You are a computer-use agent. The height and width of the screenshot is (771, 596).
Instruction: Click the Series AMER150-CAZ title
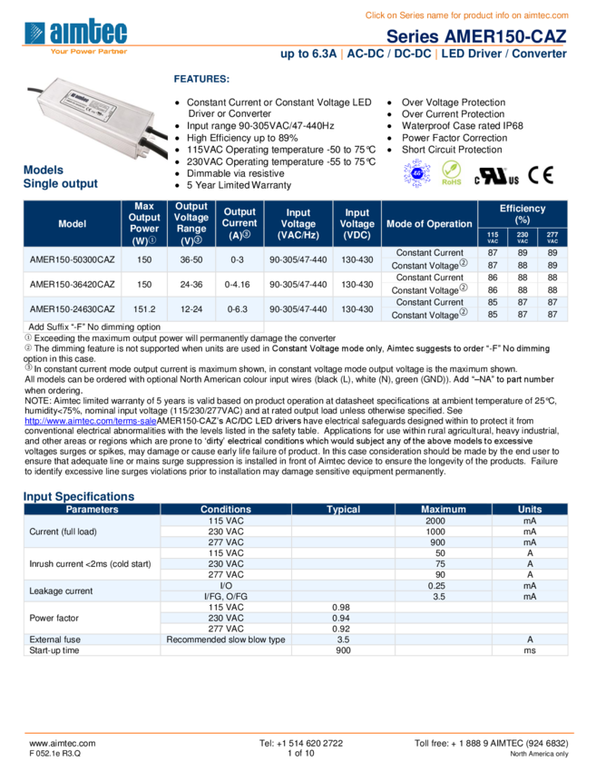point(476,36)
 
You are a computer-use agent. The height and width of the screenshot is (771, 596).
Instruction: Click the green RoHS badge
point(451,172)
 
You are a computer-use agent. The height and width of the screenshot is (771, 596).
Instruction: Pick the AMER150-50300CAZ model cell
point(73,259)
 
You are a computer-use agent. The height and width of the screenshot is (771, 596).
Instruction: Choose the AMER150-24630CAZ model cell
point(73,309)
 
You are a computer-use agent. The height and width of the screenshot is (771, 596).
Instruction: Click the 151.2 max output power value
point(144,309)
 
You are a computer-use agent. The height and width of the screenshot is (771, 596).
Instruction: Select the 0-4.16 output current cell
point(239,284)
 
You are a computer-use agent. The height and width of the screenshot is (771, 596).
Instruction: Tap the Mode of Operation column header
point(429,224)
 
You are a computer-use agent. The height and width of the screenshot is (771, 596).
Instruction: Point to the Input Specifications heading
point(79,496)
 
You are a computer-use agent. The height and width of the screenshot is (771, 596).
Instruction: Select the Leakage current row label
point(60,591)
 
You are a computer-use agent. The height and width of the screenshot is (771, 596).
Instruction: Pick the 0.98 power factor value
point(341,607)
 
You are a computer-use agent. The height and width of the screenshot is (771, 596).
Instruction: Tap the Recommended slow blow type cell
point(226,639)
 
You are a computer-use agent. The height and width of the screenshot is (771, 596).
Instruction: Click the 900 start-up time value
point(343,650)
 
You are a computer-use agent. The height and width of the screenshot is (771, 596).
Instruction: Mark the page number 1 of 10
point(300,753)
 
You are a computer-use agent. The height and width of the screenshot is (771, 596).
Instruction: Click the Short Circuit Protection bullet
point(451,150)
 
